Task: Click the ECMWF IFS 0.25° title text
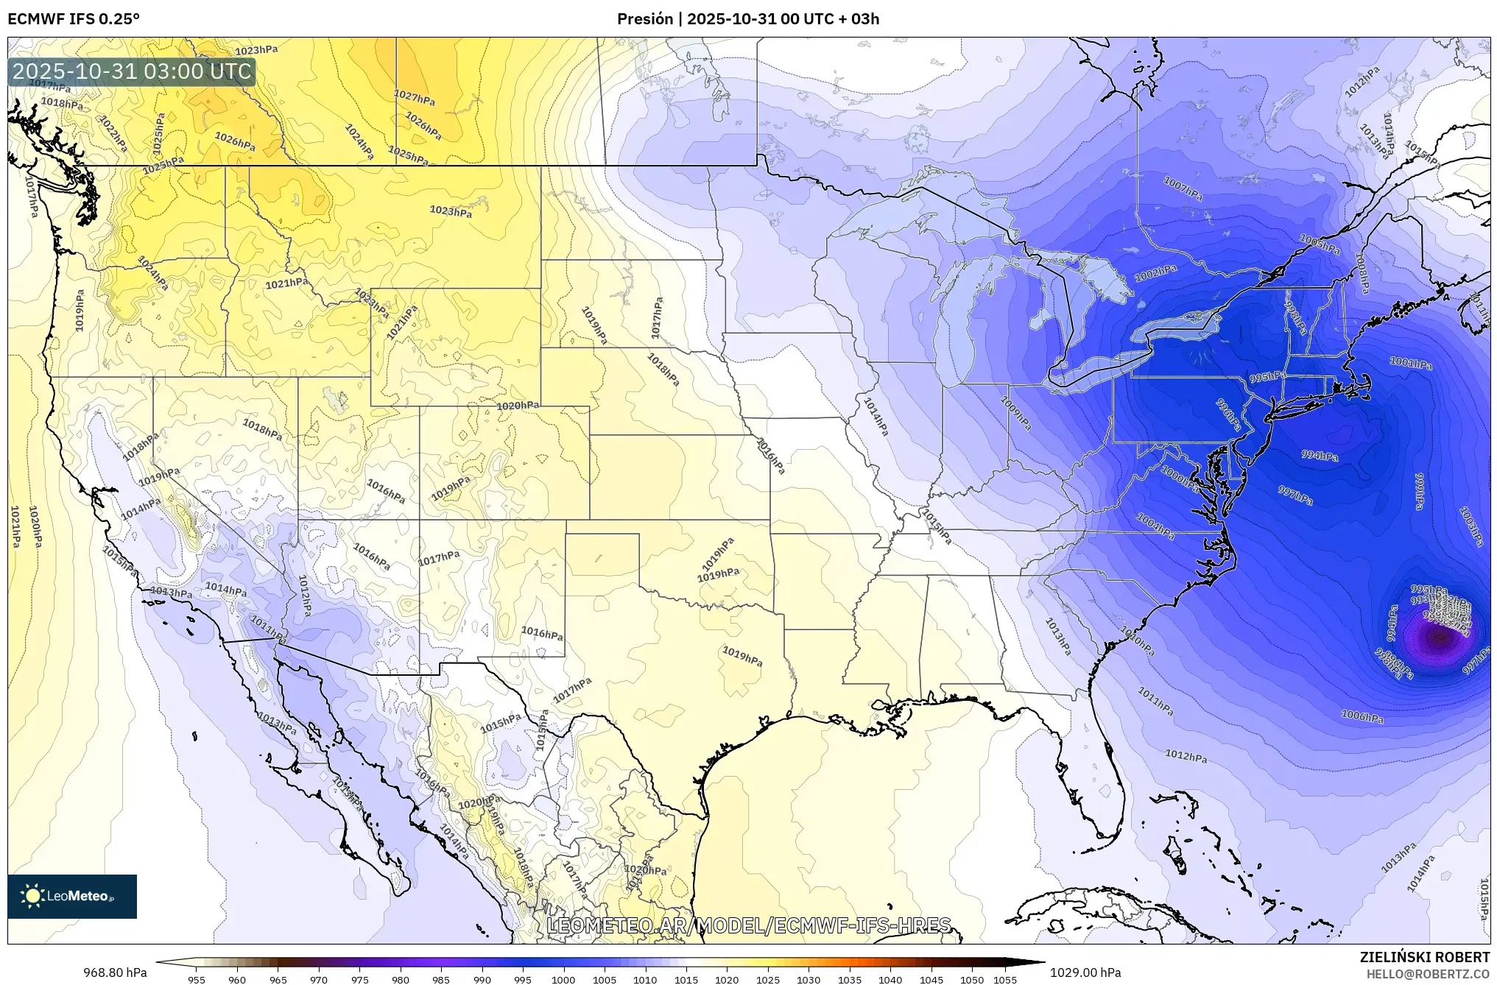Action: (74, 18)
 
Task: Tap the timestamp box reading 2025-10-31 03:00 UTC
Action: (133, 71)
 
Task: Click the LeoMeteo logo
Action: (72, 896)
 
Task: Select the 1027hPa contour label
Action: (414, 96)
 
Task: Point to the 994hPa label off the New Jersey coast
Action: (1320, 456)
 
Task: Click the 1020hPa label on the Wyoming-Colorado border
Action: (518, 406)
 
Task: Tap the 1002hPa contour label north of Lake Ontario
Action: (1155, 273)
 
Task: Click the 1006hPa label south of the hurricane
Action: (1362, 716)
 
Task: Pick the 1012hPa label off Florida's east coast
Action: (1186, 756)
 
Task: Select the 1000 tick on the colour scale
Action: (563, 980)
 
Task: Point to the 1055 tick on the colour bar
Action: (1005, 980)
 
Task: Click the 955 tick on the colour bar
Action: (196, 980)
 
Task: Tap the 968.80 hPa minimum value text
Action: (115, 972)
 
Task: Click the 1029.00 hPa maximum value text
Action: (1085, 972)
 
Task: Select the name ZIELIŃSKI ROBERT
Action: (1424, 957)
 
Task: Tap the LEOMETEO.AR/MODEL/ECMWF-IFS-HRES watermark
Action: (749, 925)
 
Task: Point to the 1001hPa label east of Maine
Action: (1411, 363)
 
